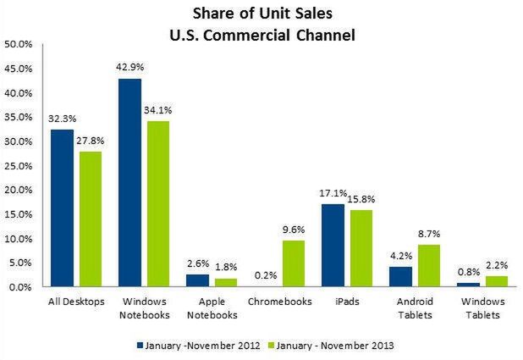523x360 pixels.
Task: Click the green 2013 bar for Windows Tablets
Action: coord(495,281)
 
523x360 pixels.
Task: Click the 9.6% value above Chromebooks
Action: coord(293,230)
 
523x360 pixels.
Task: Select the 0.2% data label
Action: coord(267,275)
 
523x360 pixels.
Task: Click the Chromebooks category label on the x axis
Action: coord(279,301)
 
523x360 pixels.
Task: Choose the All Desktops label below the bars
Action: coord(76,301)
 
